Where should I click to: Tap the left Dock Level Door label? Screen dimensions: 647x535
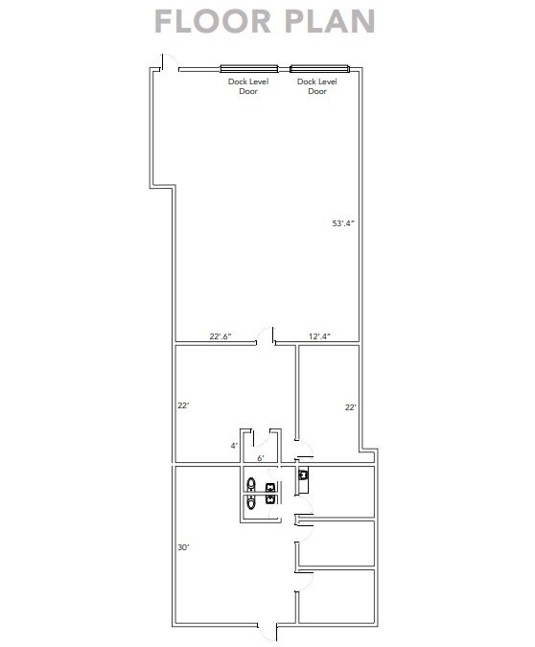click(248, 86)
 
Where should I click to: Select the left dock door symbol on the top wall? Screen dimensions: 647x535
click(249, 68)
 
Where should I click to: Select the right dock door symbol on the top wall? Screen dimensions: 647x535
click(319, 68)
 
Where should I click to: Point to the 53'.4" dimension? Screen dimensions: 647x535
click(343, 223)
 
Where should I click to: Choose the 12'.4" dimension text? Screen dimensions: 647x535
click(319, 335)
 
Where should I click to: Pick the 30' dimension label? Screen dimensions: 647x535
click(182, 547)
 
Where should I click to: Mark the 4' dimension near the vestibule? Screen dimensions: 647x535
click(233, 446)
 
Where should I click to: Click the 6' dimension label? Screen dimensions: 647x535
click(260, 458)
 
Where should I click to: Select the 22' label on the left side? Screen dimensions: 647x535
click(182, 406)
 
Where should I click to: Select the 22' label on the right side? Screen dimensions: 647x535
click(351, 407)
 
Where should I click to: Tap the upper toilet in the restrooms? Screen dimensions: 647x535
click(252, 484)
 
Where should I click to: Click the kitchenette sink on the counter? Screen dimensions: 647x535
click(304, 474)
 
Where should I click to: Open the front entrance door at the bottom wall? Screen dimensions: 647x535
click(267, 633)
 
